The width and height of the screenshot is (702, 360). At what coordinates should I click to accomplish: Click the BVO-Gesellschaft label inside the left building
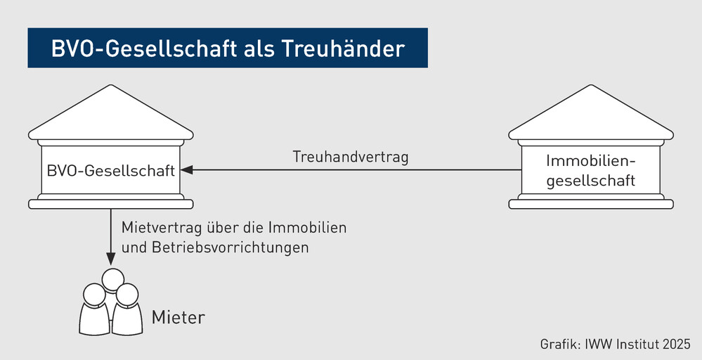(x=110, y=170)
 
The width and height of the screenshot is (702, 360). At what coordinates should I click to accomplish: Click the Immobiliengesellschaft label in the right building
(x=590, y=170)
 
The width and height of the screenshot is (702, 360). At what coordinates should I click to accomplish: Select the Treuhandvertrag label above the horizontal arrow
(x=351, y=157)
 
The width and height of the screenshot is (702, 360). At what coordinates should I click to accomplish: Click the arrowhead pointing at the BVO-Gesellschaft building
(x=186, y=170)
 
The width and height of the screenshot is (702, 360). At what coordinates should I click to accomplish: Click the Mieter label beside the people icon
(x=178, y=317)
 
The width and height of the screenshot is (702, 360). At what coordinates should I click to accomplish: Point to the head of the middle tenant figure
(x=110, y=279)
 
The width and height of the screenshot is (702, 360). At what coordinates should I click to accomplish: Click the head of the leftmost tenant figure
(x=93, y=293)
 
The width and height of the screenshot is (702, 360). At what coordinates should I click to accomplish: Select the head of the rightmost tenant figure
(x=126, y=294)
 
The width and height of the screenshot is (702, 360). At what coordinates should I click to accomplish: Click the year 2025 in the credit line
(x=676, y=345)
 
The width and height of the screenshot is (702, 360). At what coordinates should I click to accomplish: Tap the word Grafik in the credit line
(x=558, y=345)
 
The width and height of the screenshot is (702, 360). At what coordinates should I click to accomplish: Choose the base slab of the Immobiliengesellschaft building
(x=590, y=204)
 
